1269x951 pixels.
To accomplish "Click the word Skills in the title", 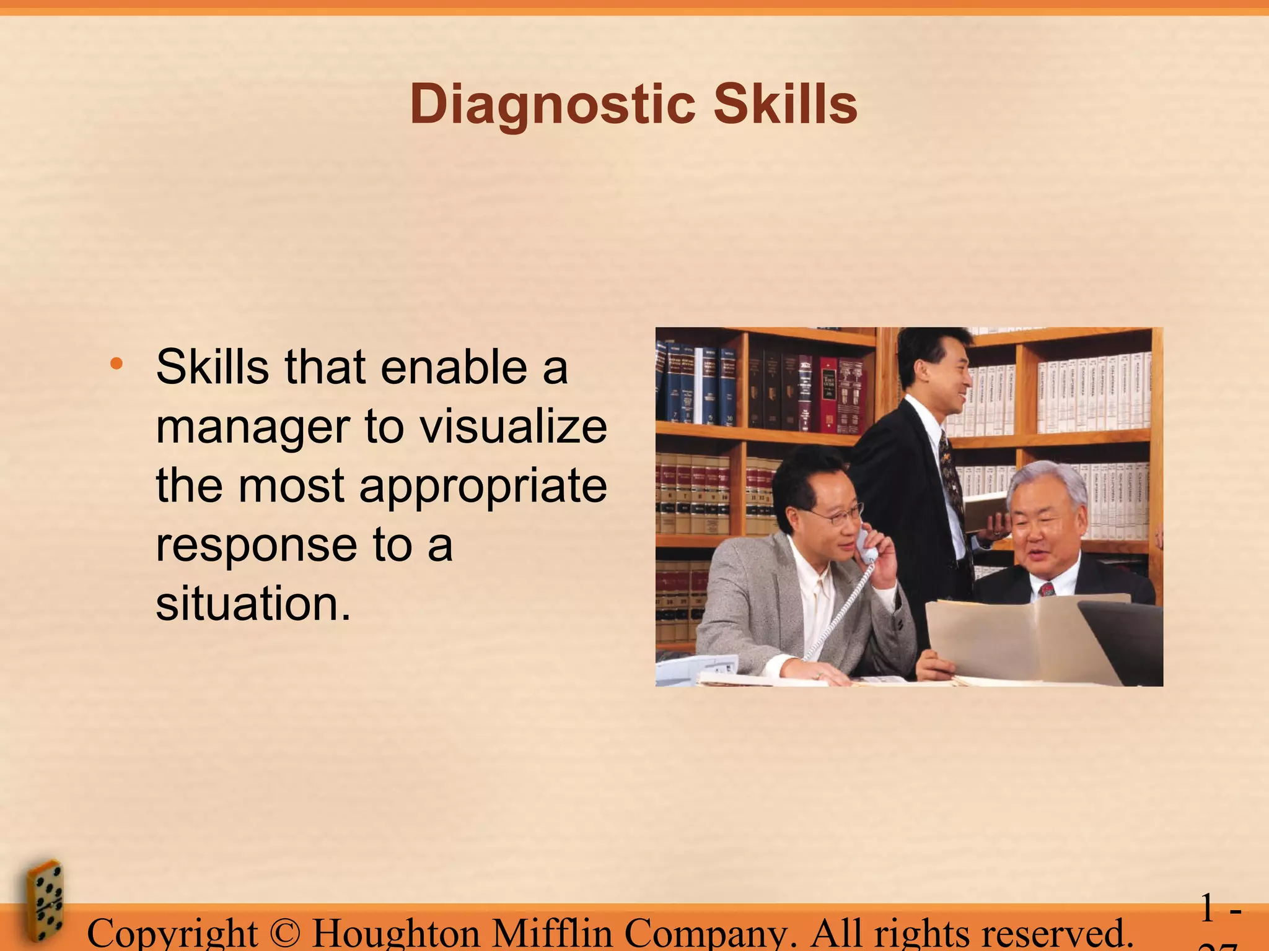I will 785,104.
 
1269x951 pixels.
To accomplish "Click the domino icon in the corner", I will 45,901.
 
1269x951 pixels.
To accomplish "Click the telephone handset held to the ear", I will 866,545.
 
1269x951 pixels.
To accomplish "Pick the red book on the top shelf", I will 827,393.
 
